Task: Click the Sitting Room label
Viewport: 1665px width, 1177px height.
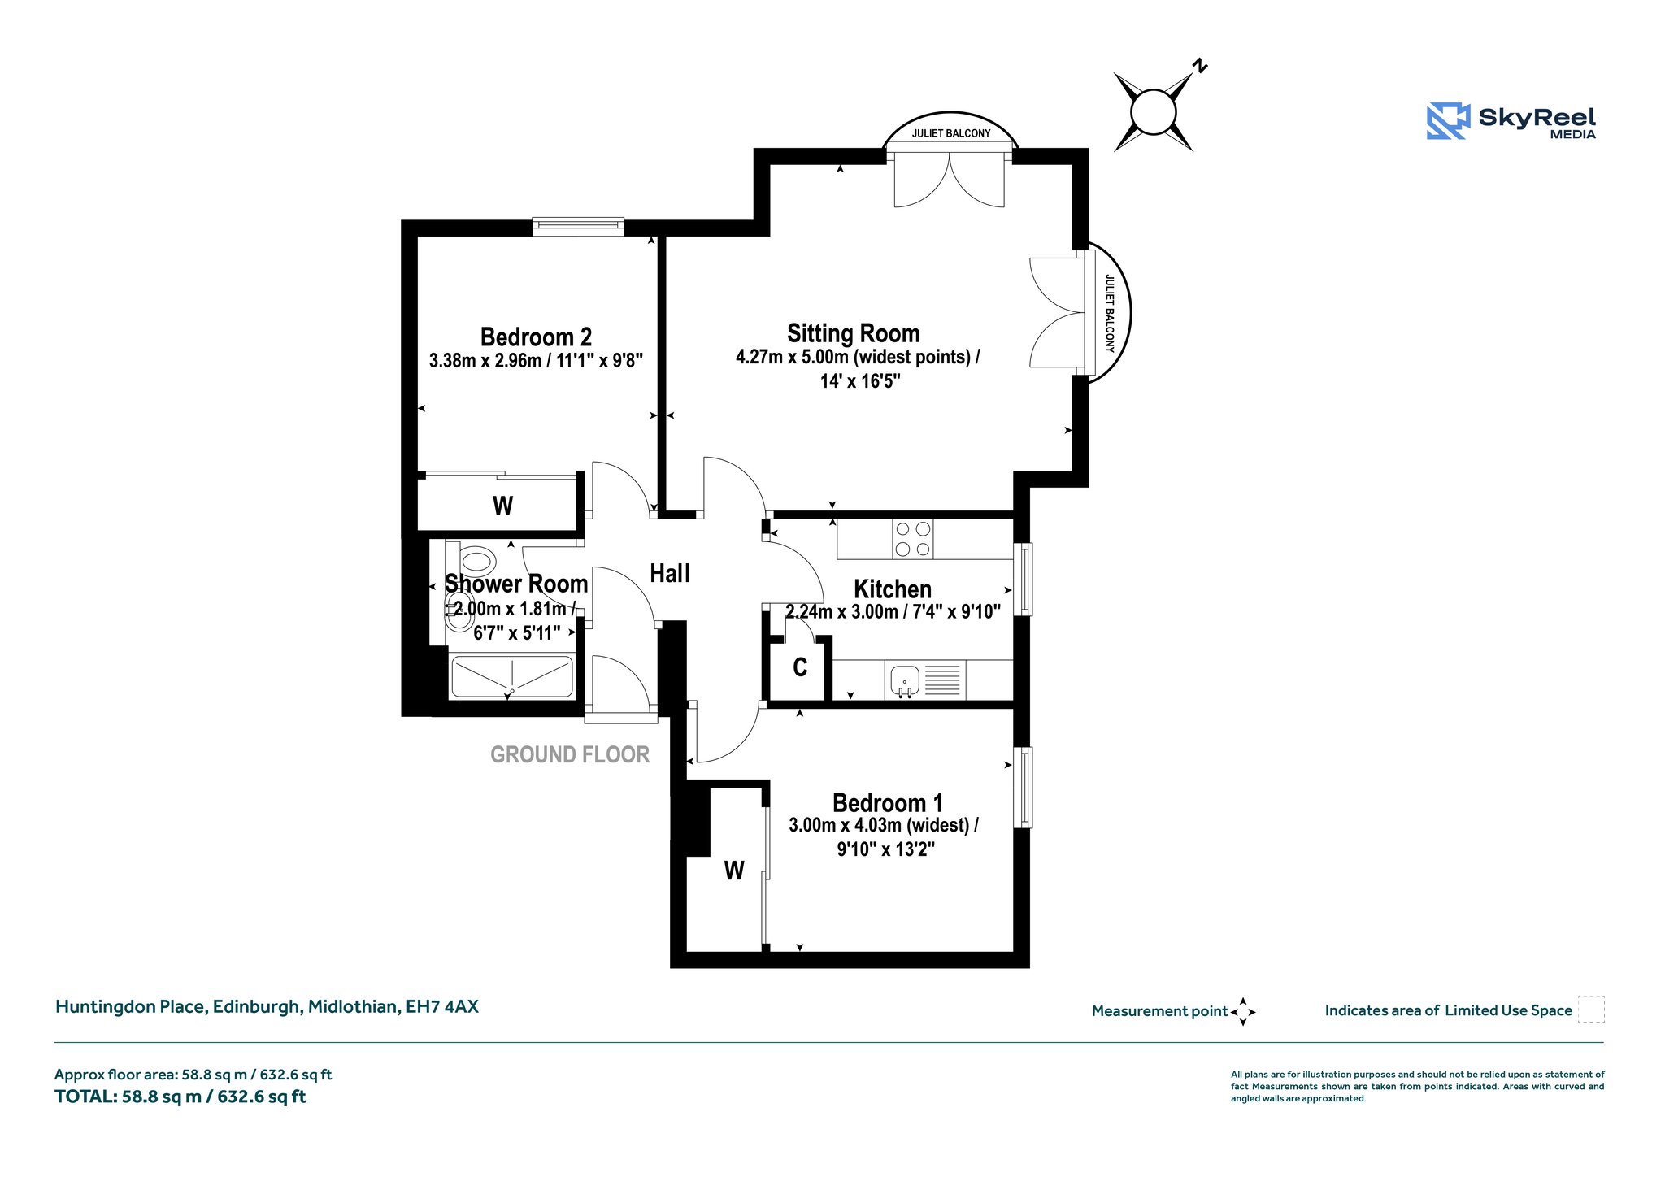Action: (853, 333)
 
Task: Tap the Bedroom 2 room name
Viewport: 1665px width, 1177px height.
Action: (536, 337)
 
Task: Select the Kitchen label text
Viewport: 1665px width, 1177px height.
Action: (893, 589)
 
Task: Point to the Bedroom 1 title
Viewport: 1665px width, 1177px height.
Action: (888, 803)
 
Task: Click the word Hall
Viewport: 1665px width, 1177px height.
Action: (670, 574)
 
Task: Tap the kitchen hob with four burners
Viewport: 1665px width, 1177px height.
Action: (912, 539)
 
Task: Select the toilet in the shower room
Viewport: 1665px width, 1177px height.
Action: (477, 561)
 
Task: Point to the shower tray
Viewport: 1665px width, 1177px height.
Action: (512, 676)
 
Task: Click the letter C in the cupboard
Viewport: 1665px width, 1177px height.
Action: (800, 667)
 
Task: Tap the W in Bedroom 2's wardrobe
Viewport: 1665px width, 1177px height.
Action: (502, 506)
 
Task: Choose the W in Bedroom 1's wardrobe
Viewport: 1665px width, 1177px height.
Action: (734, 871)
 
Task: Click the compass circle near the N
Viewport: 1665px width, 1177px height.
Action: (1153, 112)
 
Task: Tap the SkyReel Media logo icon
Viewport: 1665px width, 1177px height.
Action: (1448, 121)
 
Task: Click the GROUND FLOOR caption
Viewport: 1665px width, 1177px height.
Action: (570, 755)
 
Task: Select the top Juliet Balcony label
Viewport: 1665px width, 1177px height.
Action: (951, 133)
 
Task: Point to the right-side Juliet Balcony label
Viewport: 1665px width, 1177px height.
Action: (1110, 314)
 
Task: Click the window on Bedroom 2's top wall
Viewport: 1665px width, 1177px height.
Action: (578, 227)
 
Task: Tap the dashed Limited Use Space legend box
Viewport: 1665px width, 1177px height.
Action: (1591, 1009)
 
